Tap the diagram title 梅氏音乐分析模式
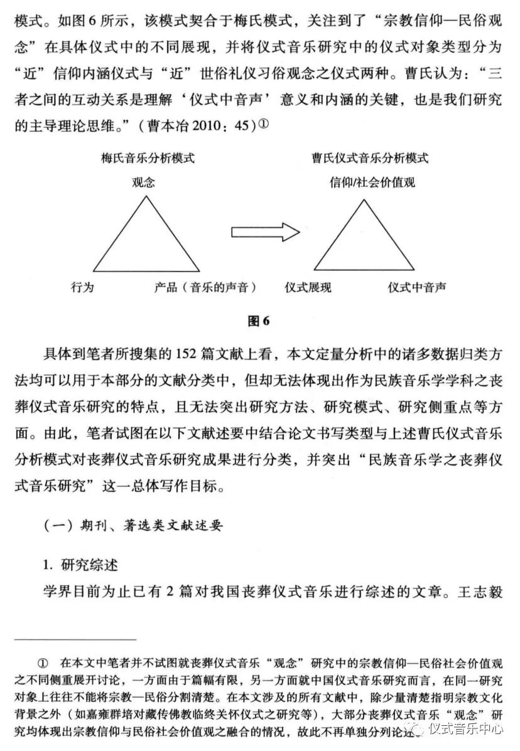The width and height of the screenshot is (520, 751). click(148, 158)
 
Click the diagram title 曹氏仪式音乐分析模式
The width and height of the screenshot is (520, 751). click(371, 158)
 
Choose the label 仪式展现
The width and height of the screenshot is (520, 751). click(308, 287)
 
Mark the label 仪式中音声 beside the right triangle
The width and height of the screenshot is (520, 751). click(417, 287)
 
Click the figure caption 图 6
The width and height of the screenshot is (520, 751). click(259, 321)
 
